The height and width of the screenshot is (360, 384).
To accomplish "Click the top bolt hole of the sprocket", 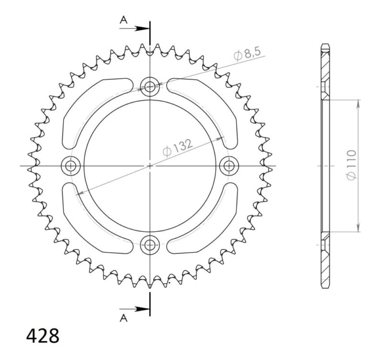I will click(150, 87).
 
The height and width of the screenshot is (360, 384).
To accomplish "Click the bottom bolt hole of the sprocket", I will click(150, 244).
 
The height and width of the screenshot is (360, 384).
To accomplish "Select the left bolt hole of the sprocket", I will click(72, 166).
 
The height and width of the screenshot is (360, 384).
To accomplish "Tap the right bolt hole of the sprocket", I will click(229, 166).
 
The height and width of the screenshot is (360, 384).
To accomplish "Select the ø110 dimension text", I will click(350, 166).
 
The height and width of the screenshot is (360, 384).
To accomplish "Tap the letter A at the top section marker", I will click(123, 20).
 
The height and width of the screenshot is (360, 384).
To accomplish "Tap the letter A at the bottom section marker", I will click(123, 317).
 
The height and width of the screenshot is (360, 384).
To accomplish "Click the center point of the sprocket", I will click(150, 166).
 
